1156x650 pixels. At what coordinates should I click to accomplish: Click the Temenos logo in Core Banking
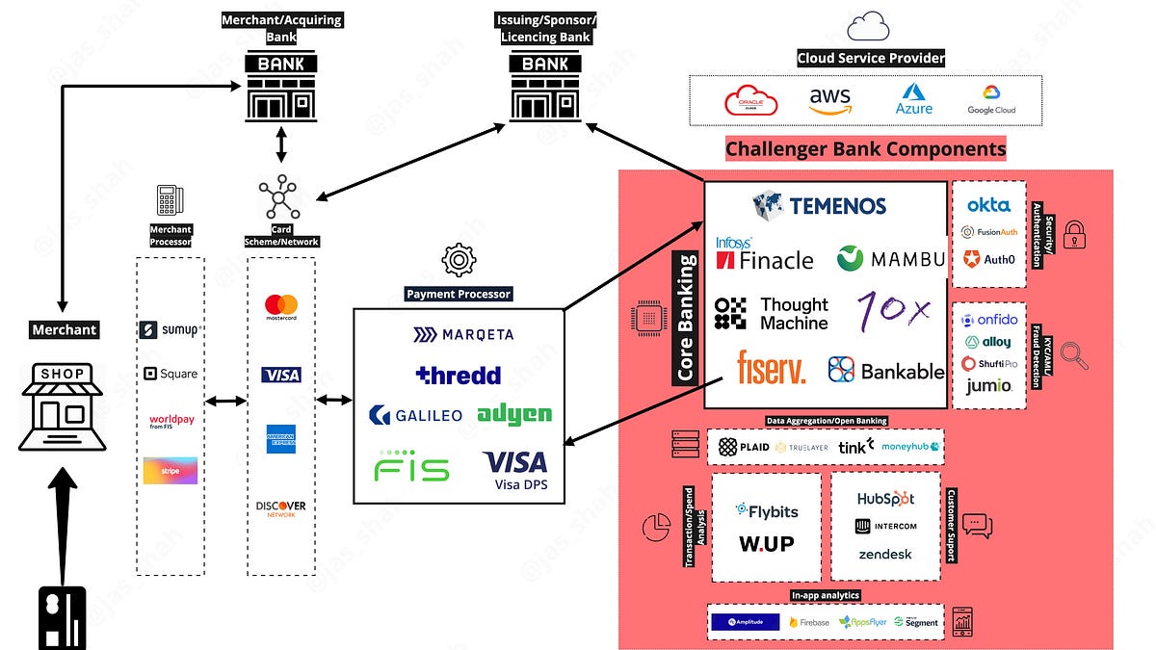[819, 205]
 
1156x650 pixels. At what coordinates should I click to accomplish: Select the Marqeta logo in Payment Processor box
[463, 335]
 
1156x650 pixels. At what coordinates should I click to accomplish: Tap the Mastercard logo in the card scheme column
[281, 308]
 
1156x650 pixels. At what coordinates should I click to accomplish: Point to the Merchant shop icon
[62, 407]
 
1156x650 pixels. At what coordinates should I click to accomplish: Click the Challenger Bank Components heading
[865, 149]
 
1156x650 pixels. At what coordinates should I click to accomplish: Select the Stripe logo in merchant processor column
[171, 470]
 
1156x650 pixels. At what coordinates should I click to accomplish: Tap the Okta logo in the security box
[988, 204]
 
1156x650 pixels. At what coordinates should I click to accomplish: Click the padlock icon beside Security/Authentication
[1074, 234]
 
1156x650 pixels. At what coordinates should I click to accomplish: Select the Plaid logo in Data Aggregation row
[744, 447]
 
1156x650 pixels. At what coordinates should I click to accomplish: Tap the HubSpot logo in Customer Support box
[885, 499]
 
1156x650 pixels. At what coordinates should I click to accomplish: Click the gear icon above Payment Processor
[458, 261]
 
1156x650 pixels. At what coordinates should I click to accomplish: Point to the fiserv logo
[771, 367]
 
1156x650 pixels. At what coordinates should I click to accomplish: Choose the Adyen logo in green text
[514, 414]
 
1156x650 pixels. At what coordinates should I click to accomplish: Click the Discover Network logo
[281, 508]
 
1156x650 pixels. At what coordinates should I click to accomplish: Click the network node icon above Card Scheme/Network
[279, 198]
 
